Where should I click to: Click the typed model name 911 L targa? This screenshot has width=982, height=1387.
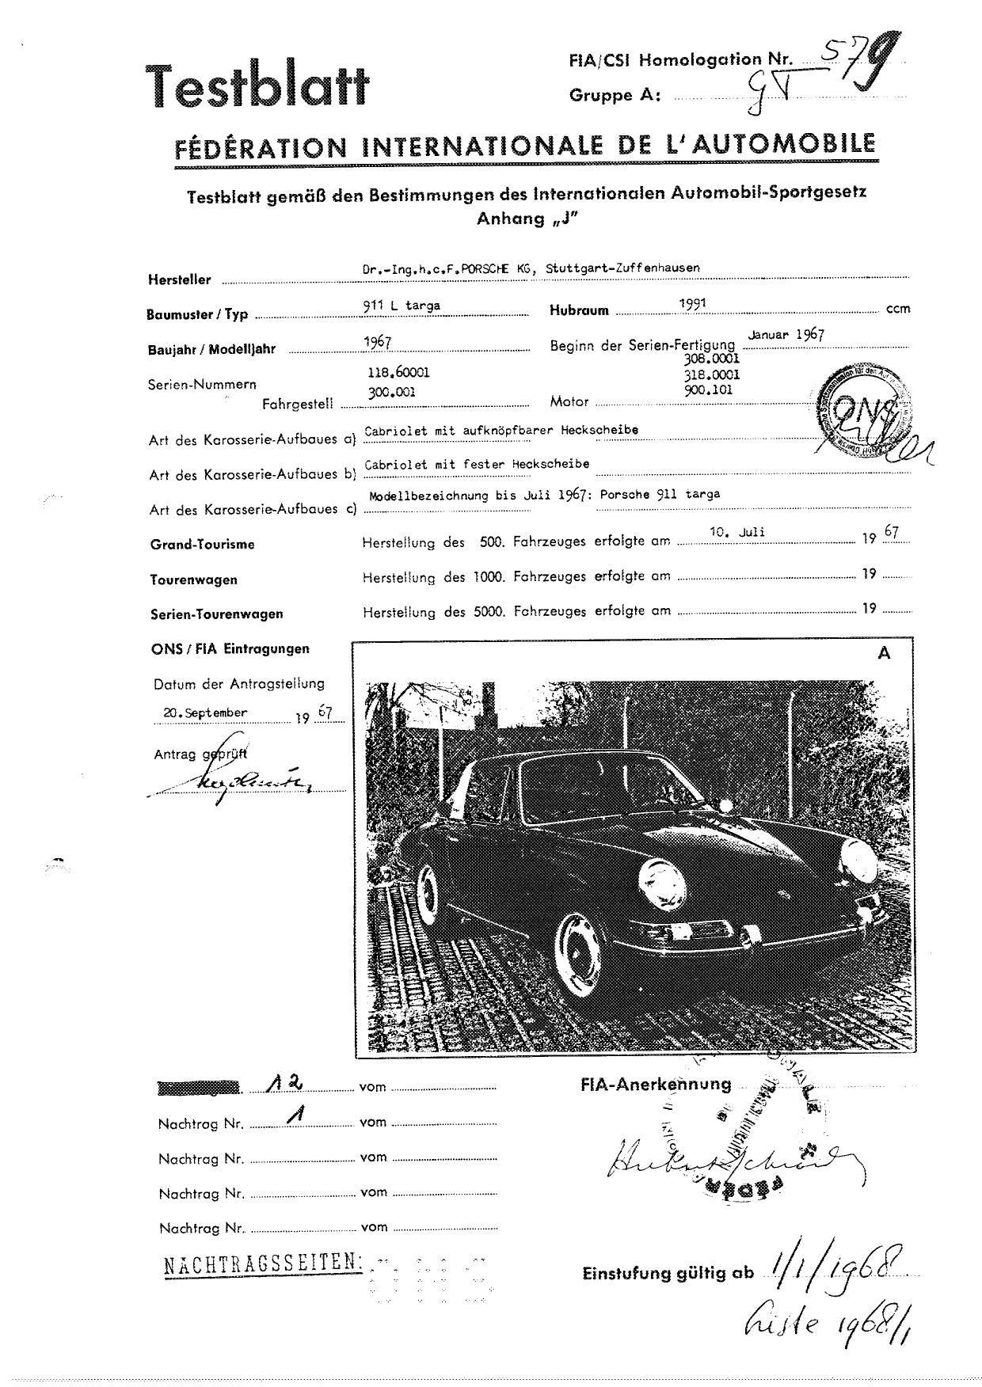(402, 306)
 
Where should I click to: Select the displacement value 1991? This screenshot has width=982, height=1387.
(693, 302)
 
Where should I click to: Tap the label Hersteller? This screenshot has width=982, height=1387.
(180, 279)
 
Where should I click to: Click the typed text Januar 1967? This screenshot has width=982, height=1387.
(786, 334)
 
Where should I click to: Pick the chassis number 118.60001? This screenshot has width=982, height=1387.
(398, 372)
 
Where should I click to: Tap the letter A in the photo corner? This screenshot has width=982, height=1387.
(884, 653)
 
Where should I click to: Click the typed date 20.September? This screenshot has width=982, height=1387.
(205, 712)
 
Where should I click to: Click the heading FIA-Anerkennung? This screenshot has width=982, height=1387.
(656, 1085)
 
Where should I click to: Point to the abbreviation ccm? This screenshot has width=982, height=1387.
(898, 309)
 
